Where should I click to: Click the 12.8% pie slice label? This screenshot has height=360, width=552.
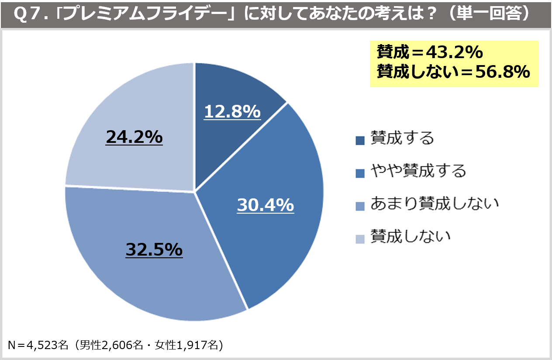232,112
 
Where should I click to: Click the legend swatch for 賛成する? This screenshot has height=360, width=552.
360,140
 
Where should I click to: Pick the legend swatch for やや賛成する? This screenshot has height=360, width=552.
360,173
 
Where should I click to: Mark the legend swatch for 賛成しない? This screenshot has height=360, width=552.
360,239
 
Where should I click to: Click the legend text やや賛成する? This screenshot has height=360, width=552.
418,171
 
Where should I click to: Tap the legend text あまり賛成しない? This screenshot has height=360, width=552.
434,204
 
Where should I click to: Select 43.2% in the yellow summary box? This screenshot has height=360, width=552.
455,52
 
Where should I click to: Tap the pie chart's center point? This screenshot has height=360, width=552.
194,191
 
